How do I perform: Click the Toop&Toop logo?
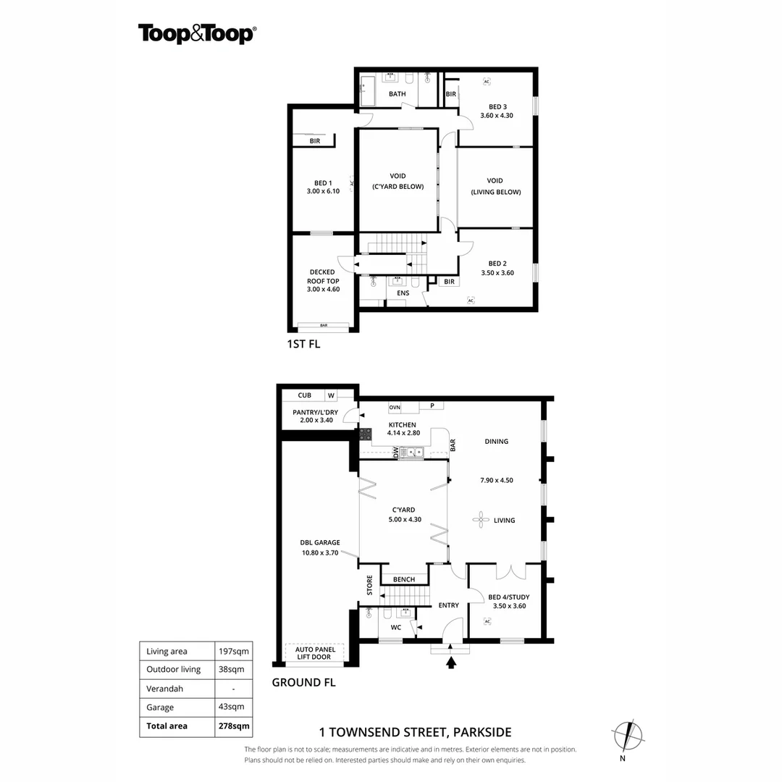pos(197,34)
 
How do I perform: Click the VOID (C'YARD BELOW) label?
pos(398,181)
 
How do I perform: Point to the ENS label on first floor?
pos(403,293)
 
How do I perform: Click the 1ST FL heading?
pos(303,345)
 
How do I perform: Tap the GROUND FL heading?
pos(303,682)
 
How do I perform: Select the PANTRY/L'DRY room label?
pos(315,416)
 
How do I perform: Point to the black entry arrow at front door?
pos(452,661)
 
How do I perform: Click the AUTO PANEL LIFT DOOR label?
pos(314,653)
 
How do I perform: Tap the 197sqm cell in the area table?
pos(233,651)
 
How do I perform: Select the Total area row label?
pos(167,726)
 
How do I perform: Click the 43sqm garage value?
pos(233,707)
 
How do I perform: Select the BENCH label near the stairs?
pos(403,579)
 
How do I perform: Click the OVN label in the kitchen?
pos(395,407)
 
